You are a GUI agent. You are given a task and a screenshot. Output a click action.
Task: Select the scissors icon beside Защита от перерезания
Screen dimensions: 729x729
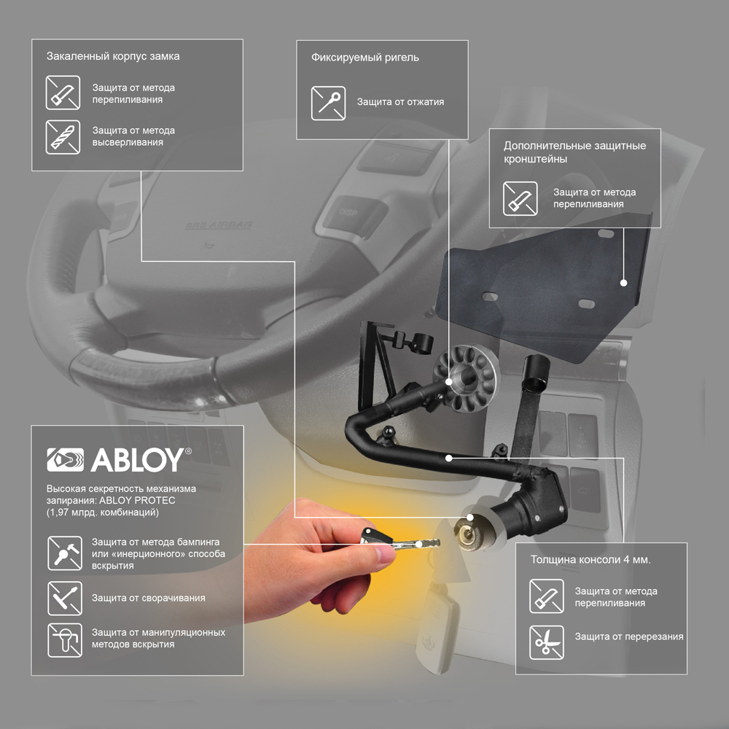click(x=546, y=642)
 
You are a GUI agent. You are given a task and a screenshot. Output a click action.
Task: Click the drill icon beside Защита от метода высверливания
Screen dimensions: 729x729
click(x=63, y=137)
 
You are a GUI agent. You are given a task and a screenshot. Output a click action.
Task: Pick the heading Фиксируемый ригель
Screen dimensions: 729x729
click(x=365, y=58)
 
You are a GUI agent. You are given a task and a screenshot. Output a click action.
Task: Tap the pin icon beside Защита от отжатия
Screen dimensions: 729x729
click(x=328, y=104)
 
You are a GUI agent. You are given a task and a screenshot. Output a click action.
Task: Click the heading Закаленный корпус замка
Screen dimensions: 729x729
click(x=113, y=56)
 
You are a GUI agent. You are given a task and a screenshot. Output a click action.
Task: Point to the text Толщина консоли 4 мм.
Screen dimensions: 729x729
click(x=590, y=560)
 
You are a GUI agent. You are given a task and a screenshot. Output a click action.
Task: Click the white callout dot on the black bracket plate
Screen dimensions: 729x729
click(x=624, y=283)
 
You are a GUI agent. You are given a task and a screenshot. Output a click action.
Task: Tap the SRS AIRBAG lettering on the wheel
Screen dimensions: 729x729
click(x=219, y=225)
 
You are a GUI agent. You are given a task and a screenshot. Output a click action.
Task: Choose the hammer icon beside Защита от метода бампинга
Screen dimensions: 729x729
click(x=65, y=553)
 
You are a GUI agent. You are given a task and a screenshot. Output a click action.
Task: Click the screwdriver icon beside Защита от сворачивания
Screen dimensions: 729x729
click(x=65, y=599)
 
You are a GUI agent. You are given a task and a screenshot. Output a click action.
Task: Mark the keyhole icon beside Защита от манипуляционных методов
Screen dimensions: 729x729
click(x=65, y=640)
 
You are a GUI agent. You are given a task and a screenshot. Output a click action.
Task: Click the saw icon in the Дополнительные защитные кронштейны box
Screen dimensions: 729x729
click(x=521, y=198)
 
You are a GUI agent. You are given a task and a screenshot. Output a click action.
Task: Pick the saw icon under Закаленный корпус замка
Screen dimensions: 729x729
click(x=63, y=93)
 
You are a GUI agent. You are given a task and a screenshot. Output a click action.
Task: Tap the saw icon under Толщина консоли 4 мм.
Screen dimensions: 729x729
click(x=546, y=596)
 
